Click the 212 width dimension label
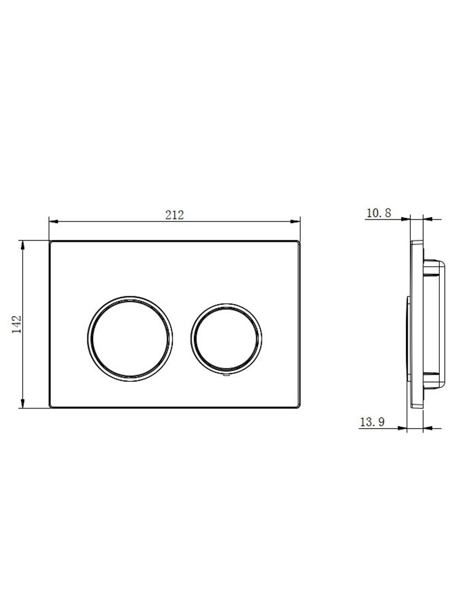pos(174,215)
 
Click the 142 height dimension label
pos(17,324)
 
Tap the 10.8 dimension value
pos(379,213)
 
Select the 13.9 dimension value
pos(373,422)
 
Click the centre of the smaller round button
pos(226,338)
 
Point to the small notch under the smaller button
pos(226,375)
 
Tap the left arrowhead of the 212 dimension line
pos(54,222)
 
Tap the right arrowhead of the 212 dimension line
pos(295,222)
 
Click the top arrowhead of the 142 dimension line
pos(23,245)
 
